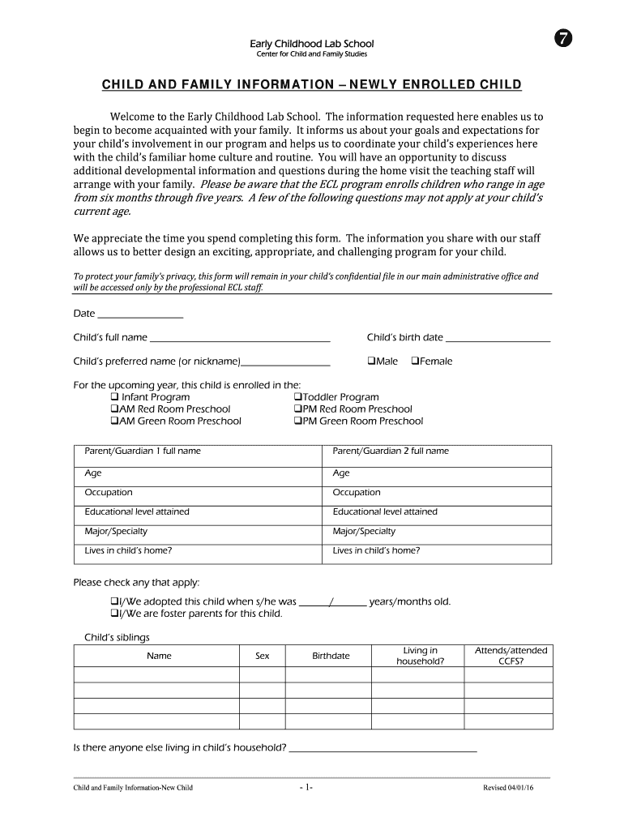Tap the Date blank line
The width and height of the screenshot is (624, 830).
click(x=139, y=314)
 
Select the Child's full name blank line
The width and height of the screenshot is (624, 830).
click(x=240, y=338)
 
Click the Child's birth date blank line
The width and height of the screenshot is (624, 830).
click(x=498, y=338)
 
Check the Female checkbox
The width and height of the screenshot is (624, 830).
click(x=416, y=362)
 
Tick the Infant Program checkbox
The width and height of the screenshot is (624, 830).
click(x=114, y=397)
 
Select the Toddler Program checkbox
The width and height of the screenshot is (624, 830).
click(x=297, y=397)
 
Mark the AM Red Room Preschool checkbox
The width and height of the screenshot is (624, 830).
click(x=114, y=409)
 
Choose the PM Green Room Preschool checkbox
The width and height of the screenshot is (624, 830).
click(x=297, y=421)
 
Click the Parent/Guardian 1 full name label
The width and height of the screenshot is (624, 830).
click(x=143, y=451)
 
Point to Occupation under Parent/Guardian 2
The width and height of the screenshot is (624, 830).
click(x=357, y=493)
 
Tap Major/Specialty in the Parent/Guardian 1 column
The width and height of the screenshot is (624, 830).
click(x=116, y=532)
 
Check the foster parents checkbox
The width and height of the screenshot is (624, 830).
click(x=113, y=614)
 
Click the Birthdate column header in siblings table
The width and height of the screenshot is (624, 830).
click(x=331, y=656)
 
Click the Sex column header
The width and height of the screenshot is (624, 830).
click(x=262, y=656)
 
